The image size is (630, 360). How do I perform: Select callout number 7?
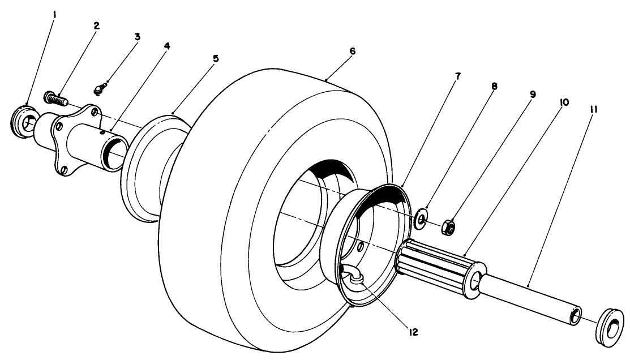click(458, 76)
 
